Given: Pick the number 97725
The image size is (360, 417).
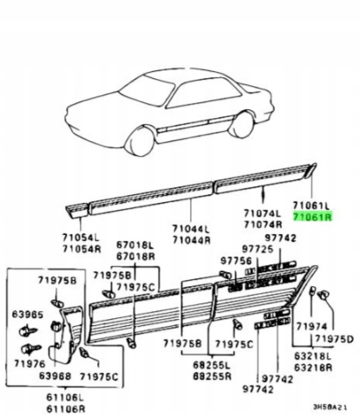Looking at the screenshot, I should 257,249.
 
